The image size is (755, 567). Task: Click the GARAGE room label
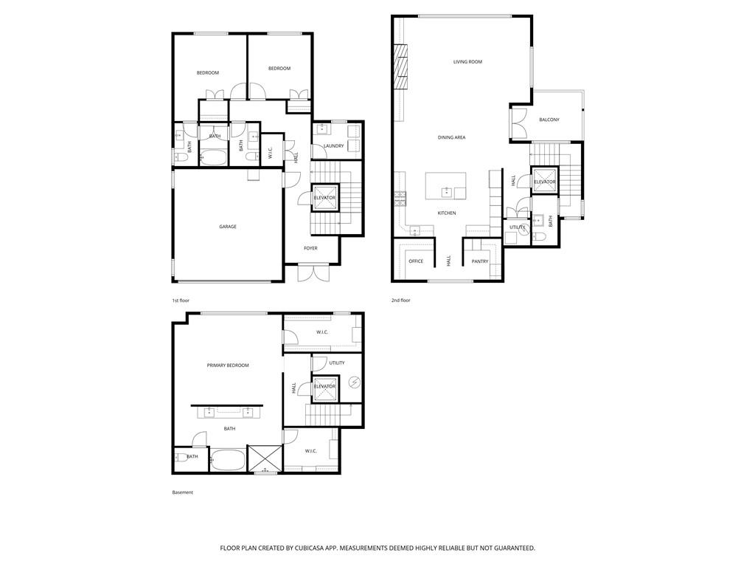click(x=227, y=227)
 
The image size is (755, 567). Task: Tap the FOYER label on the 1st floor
click(x=310, y=248)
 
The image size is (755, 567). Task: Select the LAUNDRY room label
click(x=333, y=146)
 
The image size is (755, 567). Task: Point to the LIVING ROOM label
click(x=467, y=62)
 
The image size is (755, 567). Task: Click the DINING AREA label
click(x=451, y=137)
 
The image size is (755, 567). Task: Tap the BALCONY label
click(x=549, y=120)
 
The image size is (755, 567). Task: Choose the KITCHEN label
click(x=447, y=213)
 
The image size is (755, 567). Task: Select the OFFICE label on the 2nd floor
click(x=416, y=261)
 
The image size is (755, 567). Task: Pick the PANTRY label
click(x=480, y=261)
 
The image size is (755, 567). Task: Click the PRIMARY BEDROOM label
click(x=227, y=365)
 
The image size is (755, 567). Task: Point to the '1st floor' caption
click(x=181, y=301)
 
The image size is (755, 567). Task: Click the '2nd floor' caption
click(x=401, y=300)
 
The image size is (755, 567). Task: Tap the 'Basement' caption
click(x=182, y=492)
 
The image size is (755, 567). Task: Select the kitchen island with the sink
click(x=446, y=186)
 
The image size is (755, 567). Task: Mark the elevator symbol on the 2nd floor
click(x=544, y=182)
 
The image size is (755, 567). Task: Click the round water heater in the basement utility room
click(x=354, y=382)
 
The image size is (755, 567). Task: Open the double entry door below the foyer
click(x=310, y=273)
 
